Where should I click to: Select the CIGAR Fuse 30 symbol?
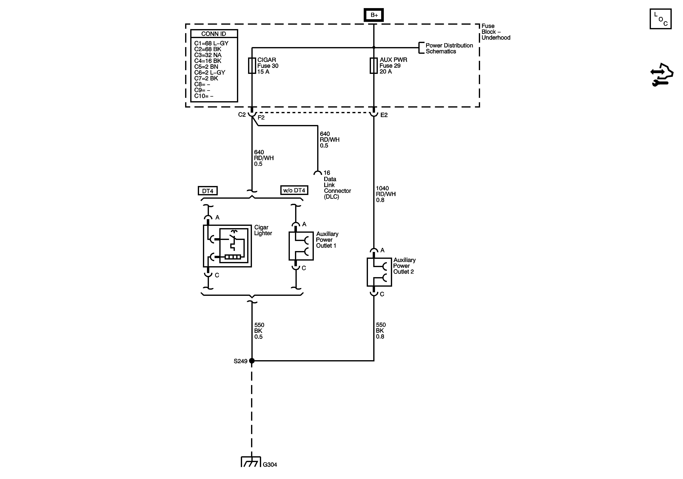(x=252, y=65)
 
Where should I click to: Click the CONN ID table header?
(x=214, y=34)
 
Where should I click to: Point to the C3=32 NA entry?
(x=208, y=55)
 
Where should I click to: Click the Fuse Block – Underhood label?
(x=496, y=32)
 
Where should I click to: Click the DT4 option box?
(x=208, y=191)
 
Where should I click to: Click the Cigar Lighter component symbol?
(x=227, y=246)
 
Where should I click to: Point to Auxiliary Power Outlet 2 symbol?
(x=379, y=272)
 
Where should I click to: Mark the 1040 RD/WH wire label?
(x=386, y=194)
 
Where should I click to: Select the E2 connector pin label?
(x=384, y=115)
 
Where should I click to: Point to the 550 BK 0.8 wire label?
(x=380, y=331)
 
